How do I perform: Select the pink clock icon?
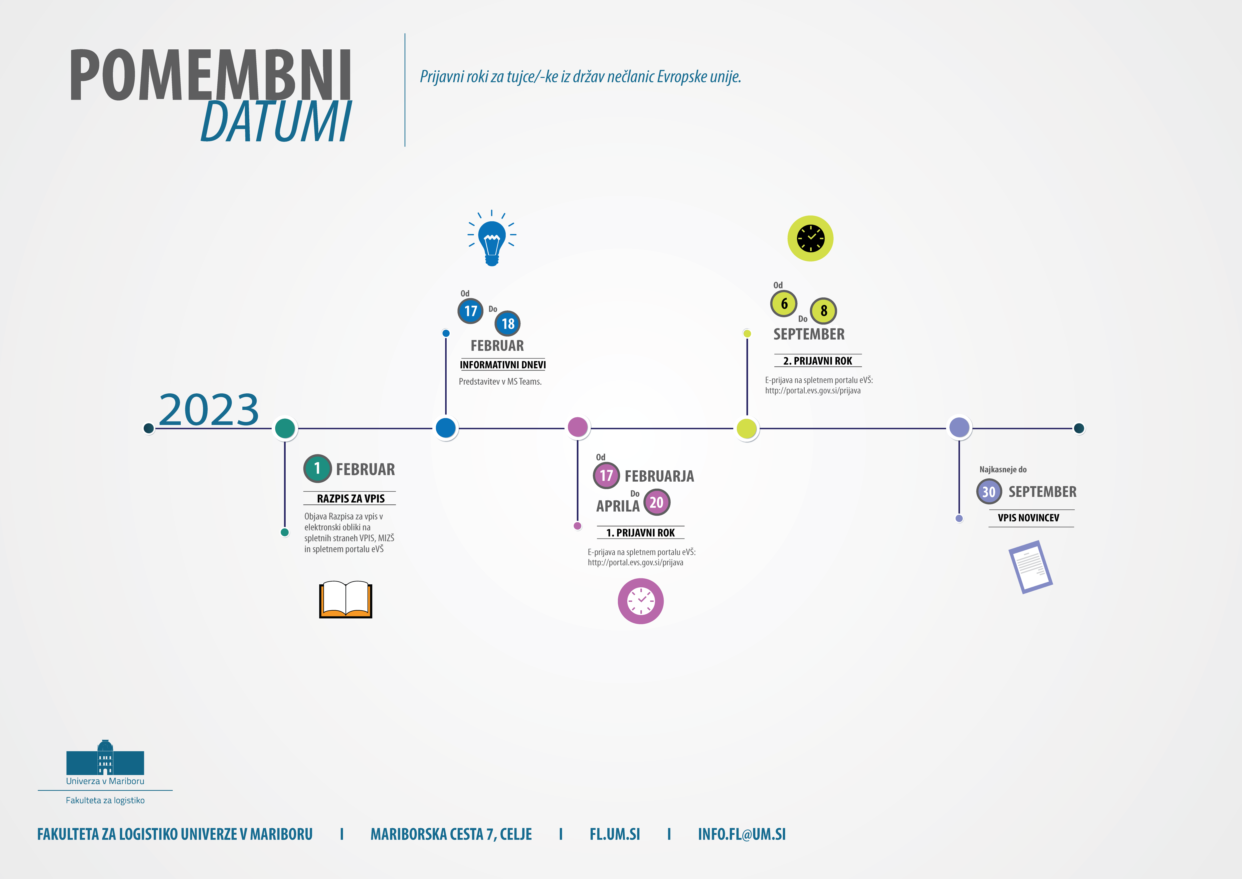tap(640, 601)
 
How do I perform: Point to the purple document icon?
tap(1030, 567)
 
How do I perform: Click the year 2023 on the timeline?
tap(209, 410)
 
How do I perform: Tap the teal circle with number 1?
tap(317, 468)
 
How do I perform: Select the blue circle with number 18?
tap(507, 324)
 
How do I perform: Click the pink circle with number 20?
tap(657, 502)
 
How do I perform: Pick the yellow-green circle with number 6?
tap(784, 304)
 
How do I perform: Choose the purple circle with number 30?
tap(989, 491)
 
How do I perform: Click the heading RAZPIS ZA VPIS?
tap(350, 498)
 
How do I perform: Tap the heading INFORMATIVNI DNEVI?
tap(502, 365)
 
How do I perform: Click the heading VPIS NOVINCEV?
tap(1028, 518)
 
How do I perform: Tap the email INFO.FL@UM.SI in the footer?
tap(742, 834)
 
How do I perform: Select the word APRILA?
tap(618, 506)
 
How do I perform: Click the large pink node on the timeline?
tap(578, 427)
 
